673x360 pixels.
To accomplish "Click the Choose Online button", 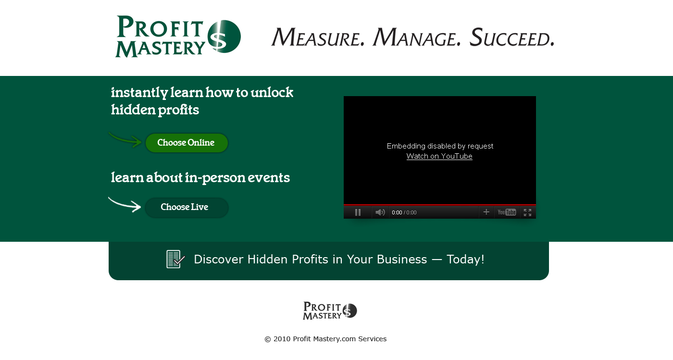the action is [187, 143].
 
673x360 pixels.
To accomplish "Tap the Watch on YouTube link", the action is [439, 156].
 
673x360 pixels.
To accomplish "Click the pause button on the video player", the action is [358, 212].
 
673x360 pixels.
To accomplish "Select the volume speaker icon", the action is [380, 212].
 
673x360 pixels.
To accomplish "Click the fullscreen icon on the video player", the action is [528, 212].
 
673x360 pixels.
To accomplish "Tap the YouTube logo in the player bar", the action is [507, 212].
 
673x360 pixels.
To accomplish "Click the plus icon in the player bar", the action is [486, 212].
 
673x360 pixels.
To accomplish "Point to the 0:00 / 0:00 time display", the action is [404, 212].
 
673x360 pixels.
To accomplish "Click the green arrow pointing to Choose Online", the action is [125, 140].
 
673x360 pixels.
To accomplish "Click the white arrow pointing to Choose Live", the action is [125, 205].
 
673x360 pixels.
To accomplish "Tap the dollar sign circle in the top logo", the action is [224, 37].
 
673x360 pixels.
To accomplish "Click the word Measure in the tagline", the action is [318, 37].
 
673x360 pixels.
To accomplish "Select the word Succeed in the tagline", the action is [512, 37].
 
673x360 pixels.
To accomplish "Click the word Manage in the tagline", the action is [417, 37].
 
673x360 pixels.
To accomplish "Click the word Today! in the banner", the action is [465, 260].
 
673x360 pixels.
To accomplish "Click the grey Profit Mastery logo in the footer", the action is [330, 310].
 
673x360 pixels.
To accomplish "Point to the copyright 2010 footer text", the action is [325, 339].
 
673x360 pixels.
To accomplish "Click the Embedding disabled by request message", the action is [440, 146].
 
